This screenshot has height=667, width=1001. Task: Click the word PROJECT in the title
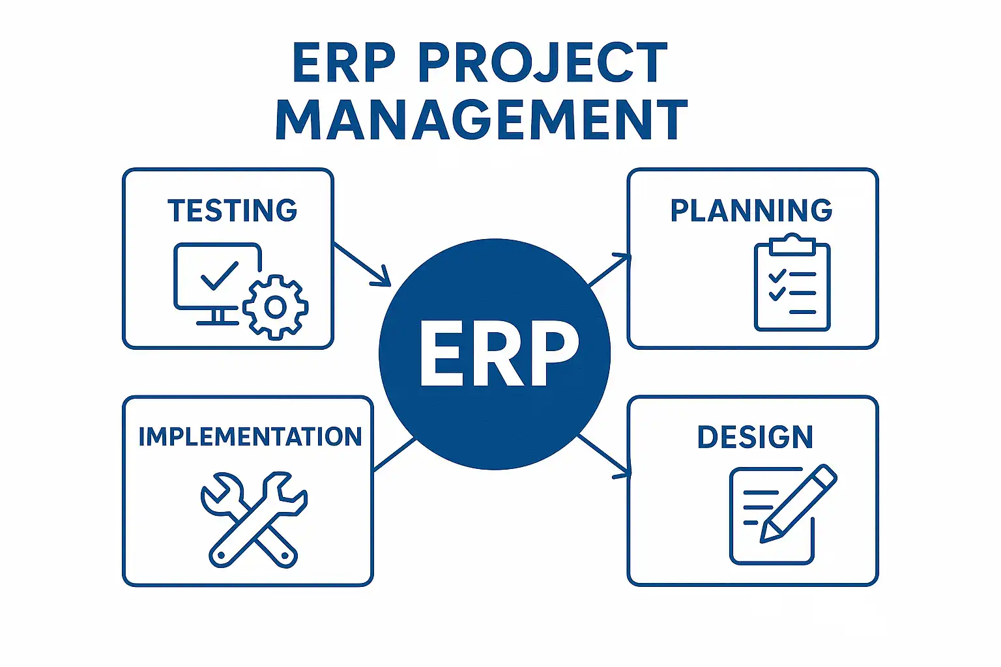(542, 63)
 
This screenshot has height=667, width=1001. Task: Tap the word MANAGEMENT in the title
(482, 120)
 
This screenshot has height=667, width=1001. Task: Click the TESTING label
(233, 211)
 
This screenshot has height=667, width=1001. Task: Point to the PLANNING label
(751, 211)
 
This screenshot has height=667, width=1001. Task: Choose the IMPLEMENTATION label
(250, 437)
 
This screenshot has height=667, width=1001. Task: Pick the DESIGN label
(755, 437)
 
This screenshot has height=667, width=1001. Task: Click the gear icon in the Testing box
(275, 307)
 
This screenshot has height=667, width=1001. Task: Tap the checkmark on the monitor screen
(219, 276)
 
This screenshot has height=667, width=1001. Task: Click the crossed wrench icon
(254, 518)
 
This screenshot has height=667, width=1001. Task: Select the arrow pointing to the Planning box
(609, 270)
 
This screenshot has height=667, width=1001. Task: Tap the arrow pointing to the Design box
(605, 456)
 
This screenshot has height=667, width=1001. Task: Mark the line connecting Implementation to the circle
(395, 454)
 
